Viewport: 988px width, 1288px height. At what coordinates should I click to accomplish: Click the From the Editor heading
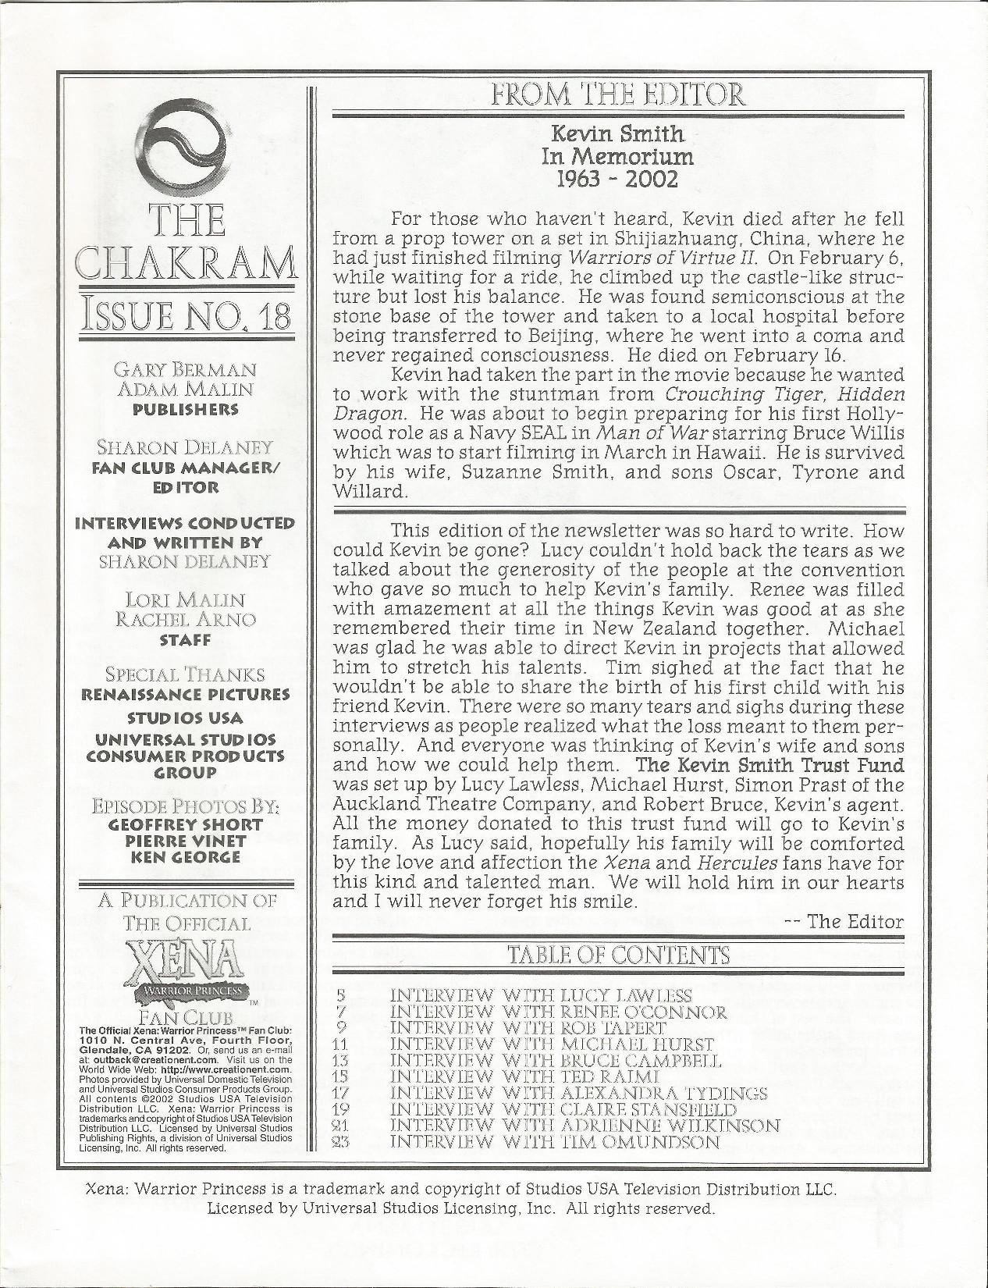pos(617,96)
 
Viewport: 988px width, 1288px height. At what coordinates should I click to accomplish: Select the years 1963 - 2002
pos(617,179)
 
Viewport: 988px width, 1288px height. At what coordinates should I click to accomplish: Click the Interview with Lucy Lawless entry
pos(540,995)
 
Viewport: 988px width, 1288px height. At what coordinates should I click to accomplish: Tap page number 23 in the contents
pos(339,1142)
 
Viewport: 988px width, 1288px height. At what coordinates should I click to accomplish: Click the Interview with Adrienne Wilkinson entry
pos(585,1126)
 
